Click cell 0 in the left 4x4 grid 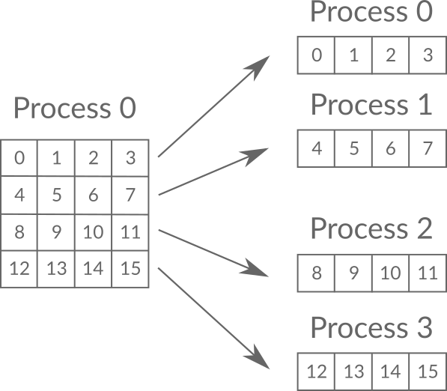tap(19, 158)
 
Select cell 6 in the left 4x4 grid tap(94, 195)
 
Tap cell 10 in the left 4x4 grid tap(94, 232)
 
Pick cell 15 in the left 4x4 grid tap(130, 269)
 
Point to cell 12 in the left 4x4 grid tap(19, 269)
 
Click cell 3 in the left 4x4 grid tap(130, 158)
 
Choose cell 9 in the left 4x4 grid tap(56, 232)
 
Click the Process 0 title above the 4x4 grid tap(75, 108)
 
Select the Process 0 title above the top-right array tap(371, 11)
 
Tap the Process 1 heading tap(371, 105)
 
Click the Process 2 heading tap(371, 228)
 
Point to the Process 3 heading tap(371, 327)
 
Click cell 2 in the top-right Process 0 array tap(391, 55)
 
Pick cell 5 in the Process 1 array tap(353, 148)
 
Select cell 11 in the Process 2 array tap(428, 273)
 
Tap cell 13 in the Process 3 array tap(353, 372)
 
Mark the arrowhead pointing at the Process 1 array tap(256, 156)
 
